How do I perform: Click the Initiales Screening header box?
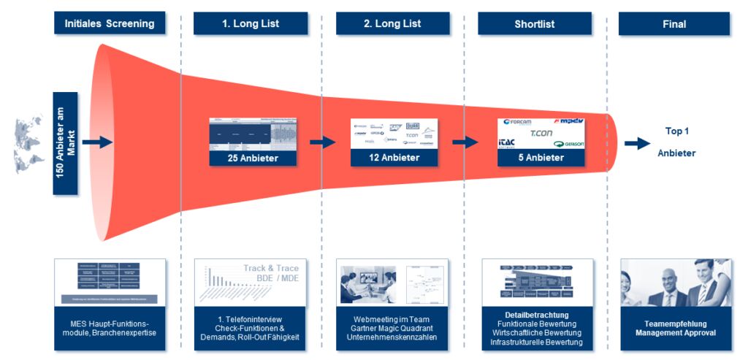click(110, 23)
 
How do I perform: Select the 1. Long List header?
click(251, 23)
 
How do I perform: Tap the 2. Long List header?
click(392, 23)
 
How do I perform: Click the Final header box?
click(674, 23)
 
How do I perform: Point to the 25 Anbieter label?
click(253, 158)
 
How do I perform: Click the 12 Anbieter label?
click(394, 158)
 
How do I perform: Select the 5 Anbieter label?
click(541, 158)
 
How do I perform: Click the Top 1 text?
click(676, 131)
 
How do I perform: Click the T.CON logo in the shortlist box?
click(541, 134)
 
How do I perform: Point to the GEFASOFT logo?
click(569, 144)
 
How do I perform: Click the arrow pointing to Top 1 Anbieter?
click(637, 144)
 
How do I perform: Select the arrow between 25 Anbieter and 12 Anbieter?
click(322, 142)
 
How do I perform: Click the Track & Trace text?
click(271, 268)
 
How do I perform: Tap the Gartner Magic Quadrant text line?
click(392, 329)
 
